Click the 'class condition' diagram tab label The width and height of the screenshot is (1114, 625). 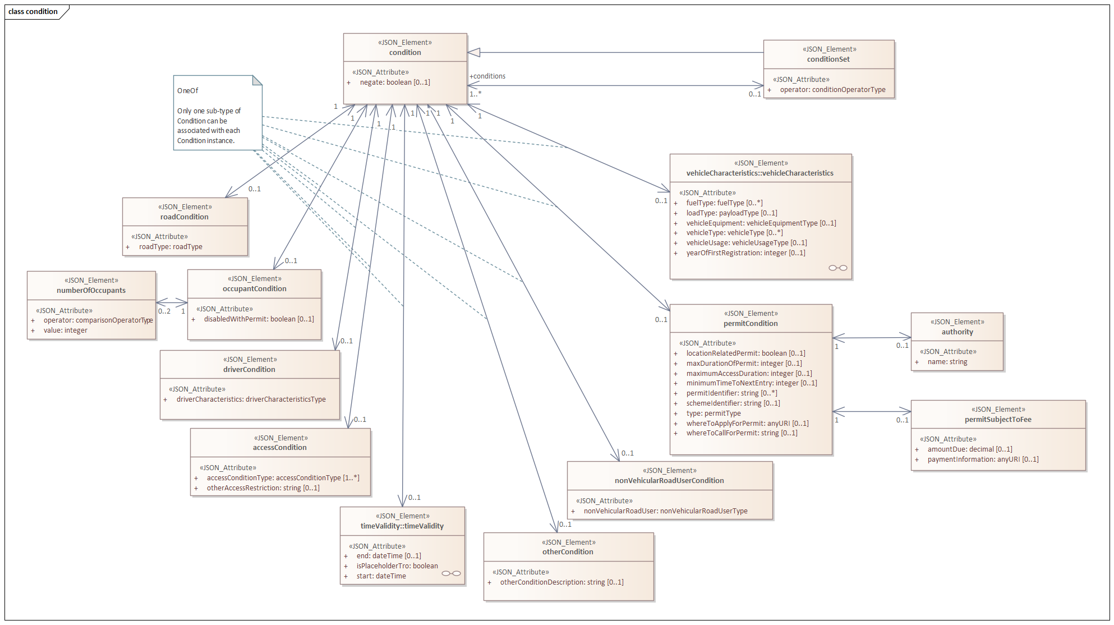coord(33,11)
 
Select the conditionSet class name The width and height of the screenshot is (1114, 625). coord(828,59)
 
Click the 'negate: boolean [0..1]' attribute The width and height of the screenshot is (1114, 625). coord(394,82)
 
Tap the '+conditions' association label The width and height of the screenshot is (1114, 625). coord(487,76)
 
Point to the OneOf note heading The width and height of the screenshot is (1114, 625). coord(188,91)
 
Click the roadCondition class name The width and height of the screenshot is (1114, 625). coord(184,217)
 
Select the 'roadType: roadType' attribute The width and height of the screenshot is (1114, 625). coord(171,247)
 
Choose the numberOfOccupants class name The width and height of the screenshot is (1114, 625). coord(91,291)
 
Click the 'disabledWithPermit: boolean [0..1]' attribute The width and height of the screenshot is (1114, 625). coord(259,319)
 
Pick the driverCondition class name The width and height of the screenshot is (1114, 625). coord(249,370)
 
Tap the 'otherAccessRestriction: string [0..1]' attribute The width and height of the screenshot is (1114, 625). coord(263,488)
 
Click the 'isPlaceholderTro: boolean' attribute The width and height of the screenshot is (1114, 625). coord(397,566)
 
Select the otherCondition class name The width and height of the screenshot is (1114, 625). coord(568,552)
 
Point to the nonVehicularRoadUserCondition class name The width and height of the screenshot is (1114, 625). coord(669,481)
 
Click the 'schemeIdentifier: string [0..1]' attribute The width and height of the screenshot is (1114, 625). coord(733,403)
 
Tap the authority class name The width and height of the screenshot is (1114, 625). coord(957,332)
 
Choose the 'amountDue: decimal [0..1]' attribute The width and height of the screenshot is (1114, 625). coord(970,449)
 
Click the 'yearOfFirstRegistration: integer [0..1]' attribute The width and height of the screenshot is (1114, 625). coord(745,253)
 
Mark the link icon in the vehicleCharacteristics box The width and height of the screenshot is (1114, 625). coord(838,268)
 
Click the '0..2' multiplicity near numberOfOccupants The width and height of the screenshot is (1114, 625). coord(164,311)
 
